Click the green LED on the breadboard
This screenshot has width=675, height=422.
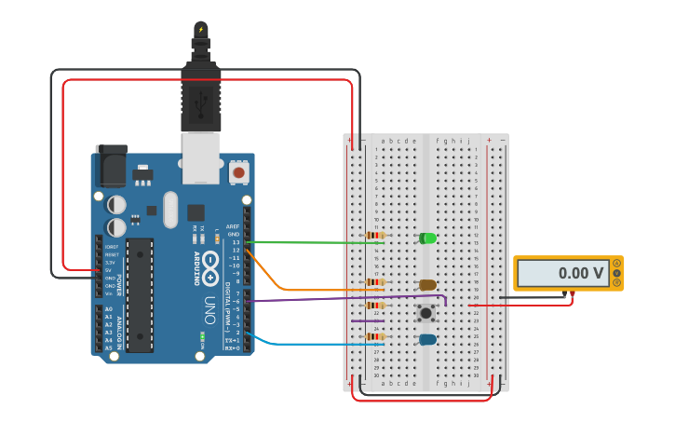[x=427, y=238]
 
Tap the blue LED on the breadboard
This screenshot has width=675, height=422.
[x=427, y=340]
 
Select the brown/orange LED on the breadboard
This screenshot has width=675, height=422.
[x=427, y=285]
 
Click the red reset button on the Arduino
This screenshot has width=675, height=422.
[x=239, y=172]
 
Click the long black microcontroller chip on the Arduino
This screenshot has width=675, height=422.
[x=140, y=294]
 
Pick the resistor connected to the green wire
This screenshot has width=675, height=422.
[x=375, y=236]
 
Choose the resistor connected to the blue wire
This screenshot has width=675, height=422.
[x=375, y=336]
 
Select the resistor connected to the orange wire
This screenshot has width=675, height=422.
[x=375, y=282]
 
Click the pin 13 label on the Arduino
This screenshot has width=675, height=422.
[x=236, y=242]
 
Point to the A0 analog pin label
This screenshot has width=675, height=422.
[x=108, y=308]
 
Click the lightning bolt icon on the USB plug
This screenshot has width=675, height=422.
[x=200, y=29]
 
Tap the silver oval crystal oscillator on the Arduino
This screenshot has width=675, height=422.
[x=169, y=210]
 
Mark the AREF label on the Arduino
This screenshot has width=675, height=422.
[x=233, y=226]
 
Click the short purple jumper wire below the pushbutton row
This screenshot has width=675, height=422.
[x=367, y=320]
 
